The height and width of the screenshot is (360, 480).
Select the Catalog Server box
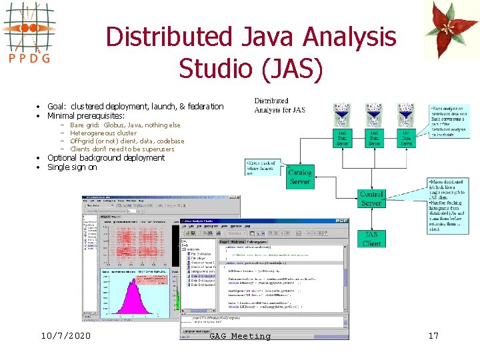tap(299, 177)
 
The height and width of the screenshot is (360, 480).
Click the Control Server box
tap(371, 198)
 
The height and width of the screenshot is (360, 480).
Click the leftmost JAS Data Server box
tap(343, 138)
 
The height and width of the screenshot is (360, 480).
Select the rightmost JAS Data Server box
tap(405, 138)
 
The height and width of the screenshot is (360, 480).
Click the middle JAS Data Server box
tap(375, 138)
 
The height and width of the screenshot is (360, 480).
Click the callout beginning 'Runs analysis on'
tap(449, 121)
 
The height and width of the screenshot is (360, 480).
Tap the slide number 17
tap(433, 336)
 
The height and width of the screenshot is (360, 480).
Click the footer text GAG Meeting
tap(240, 336)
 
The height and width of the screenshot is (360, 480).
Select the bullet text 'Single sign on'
tap(72, 167)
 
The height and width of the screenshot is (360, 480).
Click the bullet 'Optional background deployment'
tap(106, 158)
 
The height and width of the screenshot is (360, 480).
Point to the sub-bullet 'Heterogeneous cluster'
tap(103, 133)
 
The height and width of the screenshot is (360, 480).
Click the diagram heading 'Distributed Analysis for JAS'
tap(280, 105)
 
